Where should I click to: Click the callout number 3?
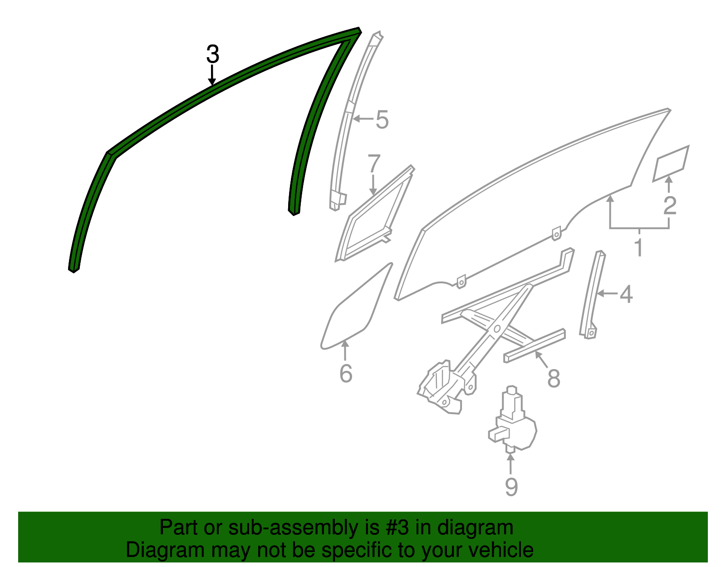coord(212,54)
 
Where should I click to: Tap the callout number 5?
coord(382,120)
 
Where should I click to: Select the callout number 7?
coord(374,164)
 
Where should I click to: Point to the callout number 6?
coord(346,374)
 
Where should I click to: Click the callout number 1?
coord(638,248)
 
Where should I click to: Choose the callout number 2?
coord(669,205)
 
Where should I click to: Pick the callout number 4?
coord(626,295)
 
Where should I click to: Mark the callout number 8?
coord(554,378)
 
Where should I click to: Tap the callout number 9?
coord(511,487)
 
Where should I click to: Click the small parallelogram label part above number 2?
coord(671,163)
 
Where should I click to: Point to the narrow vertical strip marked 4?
coord(592,295)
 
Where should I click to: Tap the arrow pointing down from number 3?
coord(212,75)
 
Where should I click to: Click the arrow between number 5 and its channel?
coord(363,119)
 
